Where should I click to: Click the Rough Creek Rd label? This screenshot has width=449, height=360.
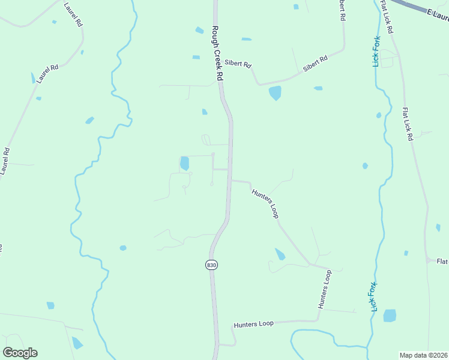217,53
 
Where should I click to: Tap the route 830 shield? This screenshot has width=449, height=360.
211,265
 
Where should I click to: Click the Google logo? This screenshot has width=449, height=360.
20,353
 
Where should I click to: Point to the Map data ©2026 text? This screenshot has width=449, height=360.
423,355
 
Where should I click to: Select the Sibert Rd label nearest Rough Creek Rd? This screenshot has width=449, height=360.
238,64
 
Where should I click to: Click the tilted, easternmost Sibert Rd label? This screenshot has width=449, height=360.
315,64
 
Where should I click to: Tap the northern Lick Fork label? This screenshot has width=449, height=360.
376,51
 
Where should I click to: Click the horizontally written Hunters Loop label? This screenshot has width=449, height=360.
253,324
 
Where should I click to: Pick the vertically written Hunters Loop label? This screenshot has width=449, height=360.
324,289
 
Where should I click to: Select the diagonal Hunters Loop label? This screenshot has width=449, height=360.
265,203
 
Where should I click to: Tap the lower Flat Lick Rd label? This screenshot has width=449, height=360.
408,124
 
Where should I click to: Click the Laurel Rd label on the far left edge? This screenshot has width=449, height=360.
5,161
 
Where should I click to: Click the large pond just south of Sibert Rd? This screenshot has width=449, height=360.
275,92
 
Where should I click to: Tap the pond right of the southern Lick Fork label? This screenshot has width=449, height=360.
390,316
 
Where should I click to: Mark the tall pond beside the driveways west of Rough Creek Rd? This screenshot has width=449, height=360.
184,163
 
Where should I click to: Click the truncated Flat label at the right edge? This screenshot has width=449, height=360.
442,261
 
